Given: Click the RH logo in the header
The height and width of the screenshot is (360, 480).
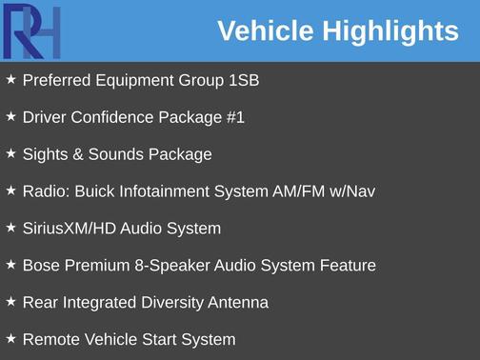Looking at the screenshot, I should click(32, 30).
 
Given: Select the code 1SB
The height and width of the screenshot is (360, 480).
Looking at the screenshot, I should click(244, 81).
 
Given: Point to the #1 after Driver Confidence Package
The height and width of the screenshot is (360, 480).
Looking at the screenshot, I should click(235, 118).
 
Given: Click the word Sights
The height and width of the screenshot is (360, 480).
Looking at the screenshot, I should click(44, 154).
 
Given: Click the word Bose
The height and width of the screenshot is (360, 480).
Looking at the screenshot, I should click(41, 266).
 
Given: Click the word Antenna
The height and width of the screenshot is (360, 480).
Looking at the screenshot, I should click(239, 303).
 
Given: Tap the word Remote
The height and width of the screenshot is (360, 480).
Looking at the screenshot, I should click(50, 340).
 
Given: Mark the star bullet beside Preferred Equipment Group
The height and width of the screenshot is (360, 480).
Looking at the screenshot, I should click(10, 80).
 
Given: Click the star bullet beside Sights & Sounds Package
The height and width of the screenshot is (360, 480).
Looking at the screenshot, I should click(10, 153).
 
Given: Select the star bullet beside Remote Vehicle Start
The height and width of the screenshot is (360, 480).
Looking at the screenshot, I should click(10, 339).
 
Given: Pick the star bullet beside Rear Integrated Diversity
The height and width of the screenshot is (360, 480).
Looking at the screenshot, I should click(10, 302).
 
